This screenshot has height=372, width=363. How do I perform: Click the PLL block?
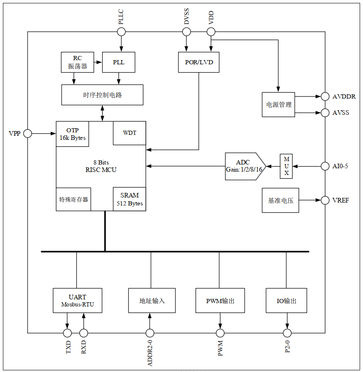pyautogui.click(x=119, y=62)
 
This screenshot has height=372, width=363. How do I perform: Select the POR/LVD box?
pyautogui.click(x=198, y=62)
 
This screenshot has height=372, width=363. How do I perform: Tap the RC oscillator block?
pyautogui.click(x=77, y=62)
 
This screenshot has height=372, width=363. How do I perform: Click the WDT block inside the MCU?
pyautogui.click(x=129, y=133)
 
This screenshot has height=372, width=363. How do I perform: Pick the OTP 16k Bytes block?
pyautogui.click(x=73, y=134)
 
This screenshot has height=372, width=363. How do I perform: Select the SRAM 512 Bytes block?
pyautogui.click(x=129, y=200)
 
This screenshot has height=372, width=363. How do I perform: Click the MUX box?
pyautogui.click(x=286, y=166)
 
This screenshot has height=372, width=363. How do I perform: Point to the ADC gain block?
pyautogui.click(x=244, y=166)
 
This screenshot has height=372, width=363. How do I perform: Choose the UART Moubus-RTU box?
pyautogui.click(x=78, y=301)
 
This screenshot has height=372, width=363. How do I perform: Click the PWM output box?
pyautogui.click(x=220, y=301)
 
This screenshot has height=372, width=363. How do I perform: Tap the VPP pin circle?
pyautogui.click(x=28, y=134)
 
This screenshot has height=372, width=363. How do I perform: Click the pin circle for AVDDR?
pyautogui.click(x=325, y=96)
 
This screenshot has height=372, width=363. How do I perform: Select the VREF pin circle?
pyautogui.click(x=325, y=200)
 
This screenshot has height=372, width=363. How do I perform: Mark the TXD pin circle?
pyautogui.click(x=67, y=333)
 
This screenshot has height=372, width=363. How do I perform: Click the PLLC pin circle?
pyautogui.click(x=121, y=32)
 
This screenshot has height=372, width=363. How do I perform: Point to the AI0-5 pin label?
pyautogui.click(x=340, y=167)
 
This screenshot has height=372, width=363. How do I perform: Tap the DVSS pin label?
pyautogui.click(x=187, y=19)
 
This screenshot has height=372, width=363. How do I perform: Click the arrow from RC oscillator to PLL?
pyautogui.click(x=98, y=62)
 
